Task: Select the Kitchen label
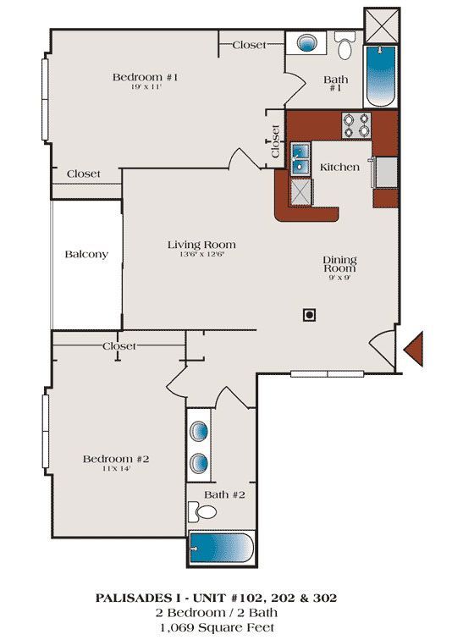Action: coord(339,168)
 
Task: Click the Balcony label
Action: coord(86,254)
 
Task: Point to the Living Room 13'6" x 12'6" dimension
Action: coord(201,255)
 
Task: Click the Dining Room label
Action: coord(339,266)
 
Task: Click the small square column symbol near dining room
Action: coord(310,314)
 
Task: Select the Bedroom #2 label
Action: coord(116,459)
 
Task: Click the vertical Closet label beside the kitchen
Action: coord(276,142)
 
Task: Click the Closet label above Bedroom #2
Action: coord(119,346)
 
